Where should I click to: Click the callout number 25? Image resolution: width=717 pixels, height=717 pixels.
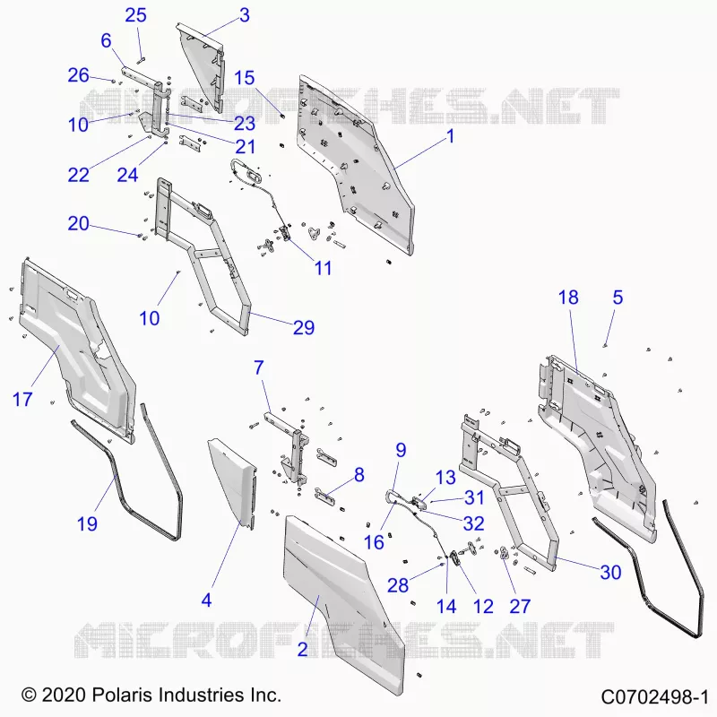135,15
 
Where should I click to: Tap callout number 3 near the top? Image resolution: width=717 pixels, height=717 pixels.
245,15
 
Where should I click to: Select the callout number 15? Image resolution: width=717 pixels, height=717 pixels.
244,78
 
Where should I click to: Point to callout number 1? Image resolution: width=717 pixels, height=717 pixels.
451,136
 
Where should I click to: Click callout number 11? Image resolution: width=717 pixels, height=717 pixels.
323,268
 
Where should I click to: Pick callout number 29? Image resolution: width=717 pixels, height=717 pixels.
304,327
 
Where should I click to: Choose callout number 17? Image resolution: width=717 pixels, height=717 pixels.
22,399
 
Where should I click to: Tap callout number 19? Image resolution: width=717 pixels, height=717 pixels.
87,523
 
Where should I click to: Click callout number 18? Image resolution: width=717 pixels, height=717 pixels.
568,298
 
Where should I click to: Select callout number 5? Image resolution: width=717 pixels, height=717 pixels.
618,298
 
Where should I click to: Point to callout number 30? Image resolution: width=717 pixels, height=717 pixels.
610,573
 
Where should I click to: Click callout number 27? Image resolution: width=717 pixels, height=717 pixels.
520,607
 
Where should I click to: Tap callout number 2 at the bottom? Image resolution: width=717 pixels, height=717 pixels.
302,649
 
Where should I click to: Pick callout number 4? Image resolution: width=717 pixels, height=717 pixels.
206,600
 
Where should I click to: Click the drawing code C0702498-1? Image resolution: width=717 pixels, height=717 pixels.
654,697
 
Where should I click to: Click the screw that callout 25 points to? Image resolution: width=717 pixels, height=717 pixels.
141,58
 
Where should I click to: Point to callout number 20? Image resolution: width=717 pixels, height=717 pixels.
78,223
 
